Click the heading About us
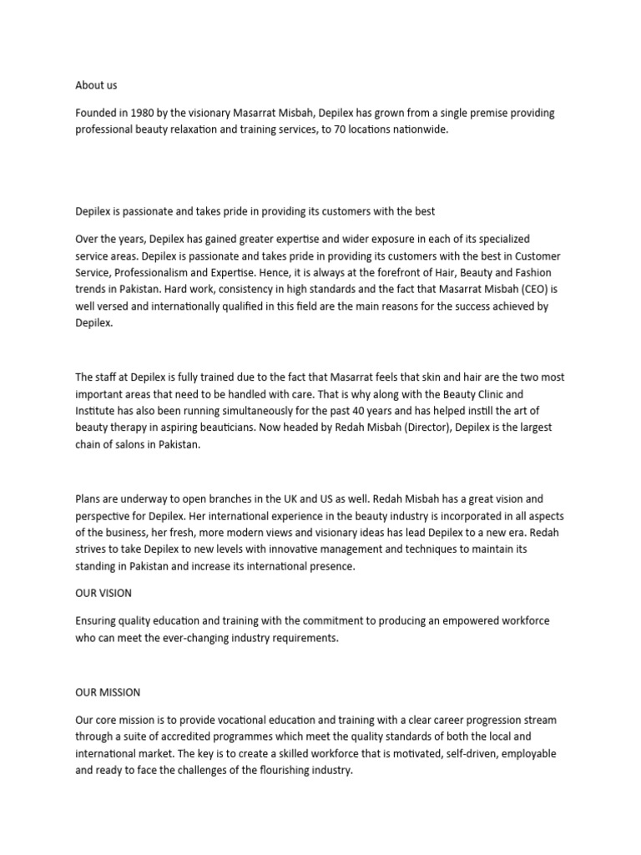tap(96, 85)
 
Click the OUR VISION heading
tap(103, 593)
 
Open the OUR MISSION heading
tap(108, 692)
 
